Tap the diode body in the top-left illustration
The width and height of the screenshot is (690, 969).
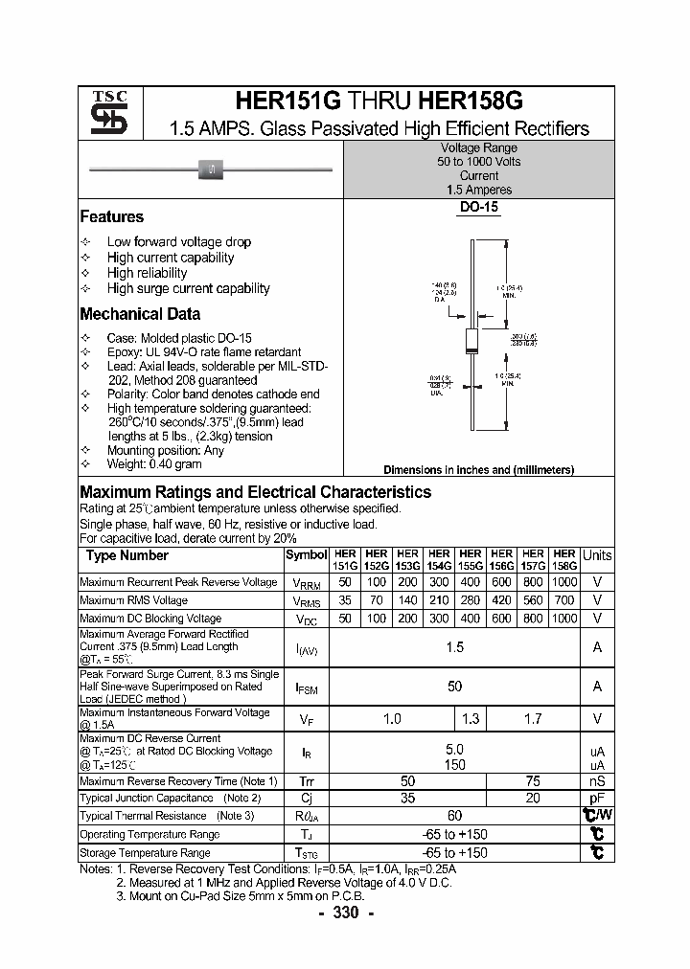click(210, 169)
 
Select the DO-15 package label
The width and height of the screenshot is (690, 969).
click(479, 207)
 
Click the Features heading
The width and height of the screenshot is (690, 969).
click(111, 217)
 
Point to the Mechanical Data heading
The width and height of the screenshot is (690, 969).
click(140, 314)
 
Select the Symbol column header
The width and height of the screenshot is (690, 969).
click(306, 555)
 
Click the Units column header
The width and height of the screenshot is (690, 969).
click(597, 555)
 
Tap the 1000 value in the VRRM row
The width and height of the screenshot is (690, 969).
click(564, 582)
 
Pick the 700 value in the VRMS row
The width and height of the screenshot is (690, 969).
click(564, 600)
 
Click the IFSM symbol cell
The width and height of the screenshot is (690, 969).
click(306, 687)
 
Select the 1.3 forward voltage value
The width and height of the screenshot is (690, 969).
click(470, 718)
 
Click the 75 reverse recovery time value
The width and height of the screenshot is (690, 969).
click(533, 781)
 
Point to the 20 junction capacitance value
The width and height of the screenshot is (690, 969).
click(533, 798)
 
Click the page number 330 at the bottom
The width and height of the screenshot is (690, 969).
click(345, 913)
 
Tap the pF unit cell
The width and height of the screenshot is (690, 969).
click(597, 798)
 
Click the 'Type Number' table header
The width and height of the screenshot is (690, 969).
click(126, 555)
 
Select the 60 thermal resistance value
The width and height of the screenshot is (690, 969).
click(454, 816)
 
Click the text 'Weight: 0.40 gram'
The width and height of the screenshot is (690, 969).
click(153, 464)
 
